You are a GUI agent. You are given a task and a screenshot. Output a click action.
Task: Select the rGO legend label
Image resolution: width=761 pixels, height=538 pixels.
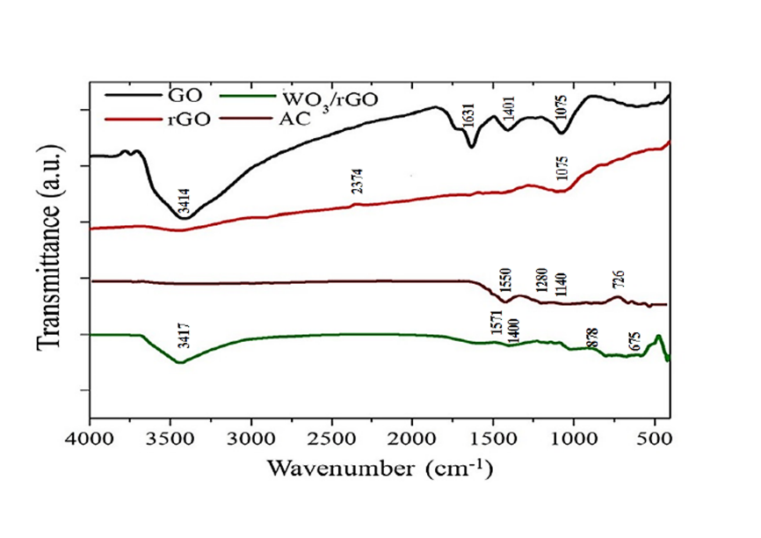(x=185, y=120)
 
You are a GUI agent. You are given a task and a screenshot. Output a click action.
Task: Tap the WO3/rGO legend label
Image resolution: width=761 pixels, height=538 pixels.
(x=329, y=97)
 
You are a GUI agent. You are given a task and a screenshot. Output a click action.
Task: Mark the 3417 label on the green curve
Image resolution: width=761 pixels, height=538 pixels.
(x=185, y=338)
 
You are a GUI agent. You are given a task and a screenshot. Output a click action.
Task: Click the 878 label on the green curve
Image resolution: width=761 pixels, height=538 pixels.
(x=593, y=337)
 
